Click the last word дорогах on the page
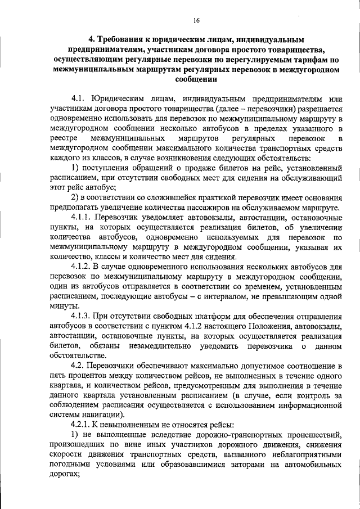tap(66, 474)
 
